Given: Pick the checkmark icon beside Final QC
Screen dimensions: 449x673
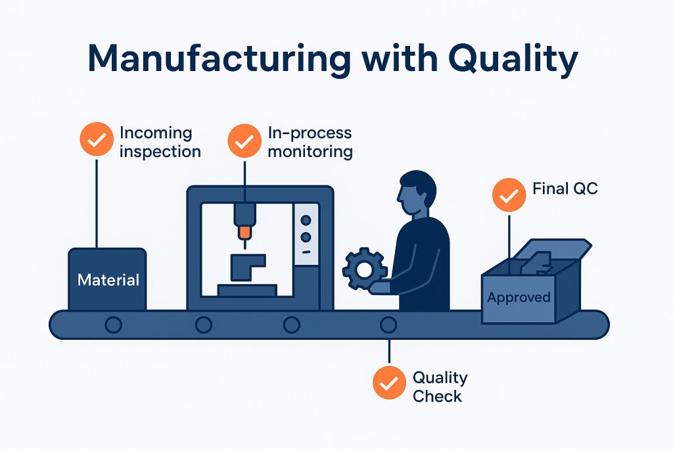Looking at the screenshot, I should pos(509,195).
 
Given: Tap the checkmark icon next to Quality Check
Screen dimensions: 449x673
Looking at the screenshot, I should pos(389,383).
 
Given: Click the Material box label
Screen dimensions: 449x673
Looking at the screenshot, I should pos(108,280).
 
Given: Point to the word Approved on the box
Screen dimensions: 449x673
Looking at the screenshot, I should pos(519,298).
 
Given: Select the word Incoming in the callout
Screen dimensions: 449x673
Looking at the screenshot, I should pos(155,133).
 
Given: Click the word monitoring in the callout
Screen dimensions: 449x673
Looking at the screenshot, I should pos(310,151).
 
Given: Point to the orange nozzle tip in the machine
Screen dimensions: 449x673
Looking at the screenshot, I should pos(245,231).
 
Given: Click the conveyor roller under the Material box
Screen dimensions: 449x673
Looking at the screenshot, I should pos(114,324).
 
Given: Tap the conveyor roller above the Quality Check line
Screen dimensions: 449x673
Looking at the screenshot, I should pos(388,324).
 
